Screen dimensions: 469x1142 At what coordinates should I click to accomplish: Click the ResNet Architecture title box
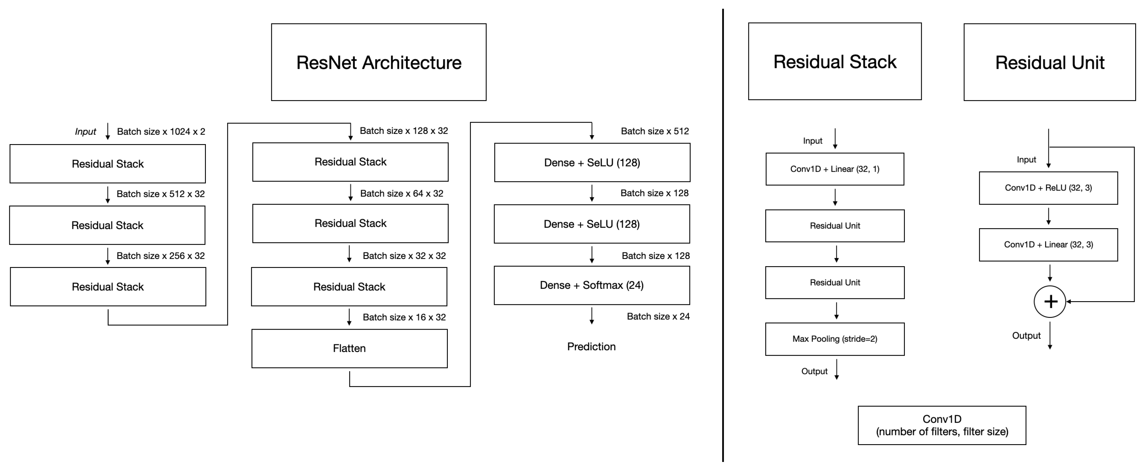click(x=379, y=62)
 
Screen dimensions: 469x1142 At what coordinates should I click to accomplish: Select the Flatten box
click(x=349, y=348)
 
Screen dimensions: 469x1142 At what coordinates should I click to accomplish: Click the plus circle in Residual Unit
click(x=1050, y=301)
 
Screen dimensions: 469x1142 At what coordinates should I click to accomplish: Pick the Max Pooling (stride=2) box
click(x=834, y=339)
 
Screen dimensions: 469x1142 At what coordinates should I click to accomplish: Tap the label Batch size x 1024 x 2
click(x=161, y=132)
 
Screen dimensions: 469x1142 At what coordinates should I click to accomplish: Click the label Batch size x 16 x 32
click(x=404, y=317)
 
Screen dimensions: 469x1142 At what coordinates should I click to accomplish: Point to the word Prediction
click(x=591, y=346)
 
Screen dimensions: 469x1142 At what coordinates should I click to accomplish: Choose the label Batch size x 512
click(x=654, y=131)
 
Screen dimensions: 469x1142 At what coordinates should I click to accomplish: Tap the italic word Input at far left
click(x=85, y=132)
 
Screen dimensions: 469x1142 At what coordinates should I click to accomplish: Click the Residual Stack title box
click(x=834, y=61)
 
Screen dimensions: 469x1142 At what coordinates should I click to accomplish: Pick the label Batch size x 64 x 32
click(x=401, y=193)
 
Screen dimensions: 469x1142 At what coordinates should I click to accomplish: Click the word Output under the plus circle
click(x=1026, y=336)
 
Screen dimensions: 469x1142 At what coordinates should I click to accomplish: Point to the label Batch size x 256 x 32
click(x=160, y=256)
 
